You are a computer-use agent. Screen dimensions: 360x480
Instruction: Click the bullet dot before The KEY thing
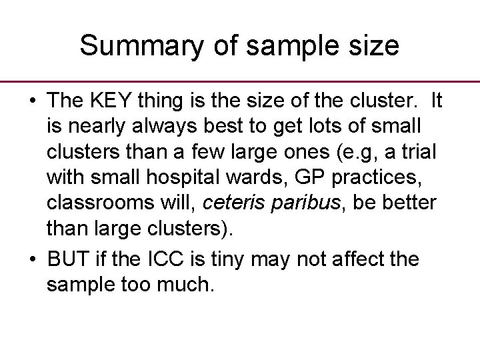32,102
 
